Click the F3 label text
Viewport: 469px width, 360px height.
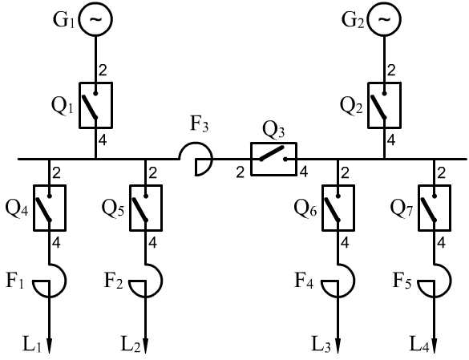(x=199, y=125)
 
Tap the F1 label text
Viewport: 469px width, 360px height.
(x=15, y=281)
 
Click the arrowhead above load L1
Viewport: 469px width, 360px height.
(x=50, y=346)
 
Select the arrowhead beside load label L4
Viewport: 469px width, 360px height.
(x=435, y=346)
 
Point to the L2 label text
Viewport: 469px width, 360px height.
(x=131, y=345)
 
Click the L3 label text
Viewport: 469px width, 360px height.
(x=321, y=345)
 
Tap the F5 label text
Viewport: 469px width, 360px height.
(x=402, y=281)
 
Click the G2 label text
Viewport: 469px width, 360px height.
(x=353, y=20)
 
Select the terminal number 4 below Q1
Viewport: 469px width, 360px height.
(x=103, y=140)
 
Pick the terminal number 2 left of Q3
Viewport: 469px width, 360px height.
(x=241, y=172)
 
